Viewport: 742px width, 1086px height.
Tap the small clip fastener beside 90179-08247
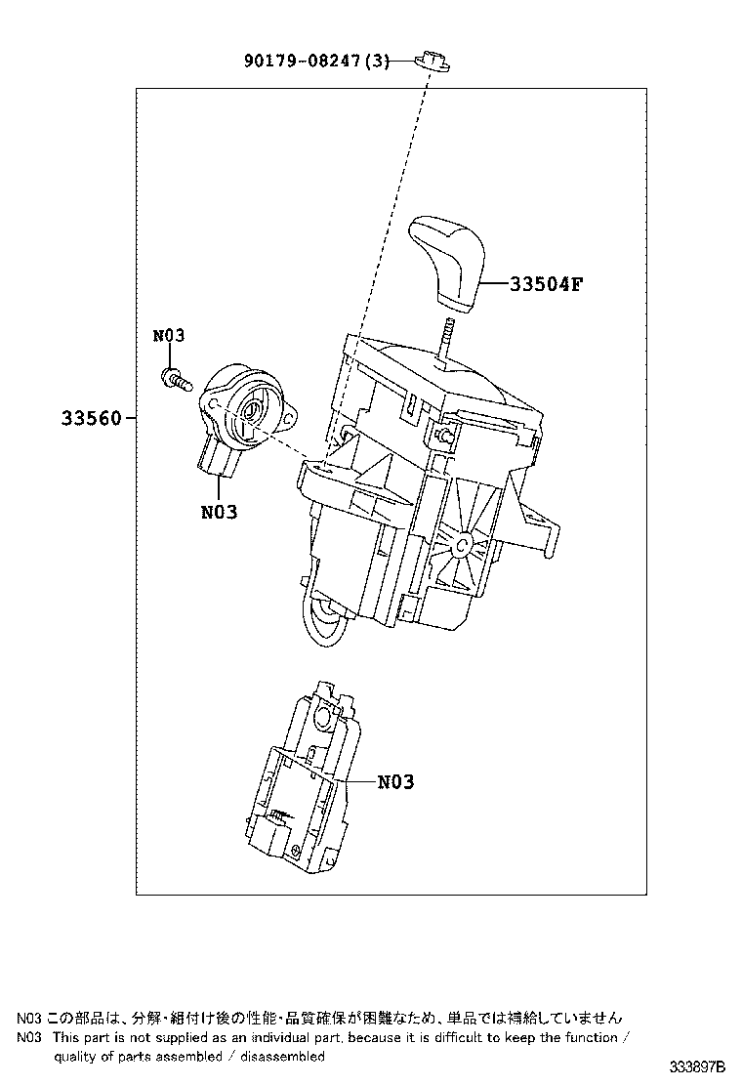pyautogui.click(x=433, y=62)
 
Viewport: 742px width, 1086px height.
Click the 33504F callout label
pyautogui.click(x=546, y=284)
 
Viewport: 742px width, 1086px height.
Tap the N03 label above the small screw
pyautogui.click(x=169, y=336)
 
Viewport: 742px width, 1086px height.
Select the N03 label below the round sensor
pyautogui.click(x=219, y=511)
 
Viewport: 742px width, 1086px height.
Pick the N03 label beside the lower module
pyautogui.click(x=395, y=781)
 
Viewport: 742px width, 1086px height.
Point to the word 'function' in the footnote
pyautogui.click(x=589, y=1037)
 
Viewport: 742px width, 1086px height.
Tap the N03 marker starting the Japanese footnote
pyautogui.click(x=28, y=1017)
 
